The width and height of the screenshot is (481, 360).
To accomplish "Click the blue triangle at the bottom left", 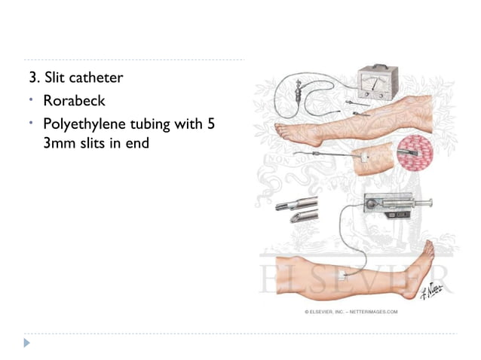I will (x=29, y=343).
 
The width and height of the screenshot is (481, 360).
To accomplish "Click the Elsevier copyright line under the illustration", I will (x=351, y=311).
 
